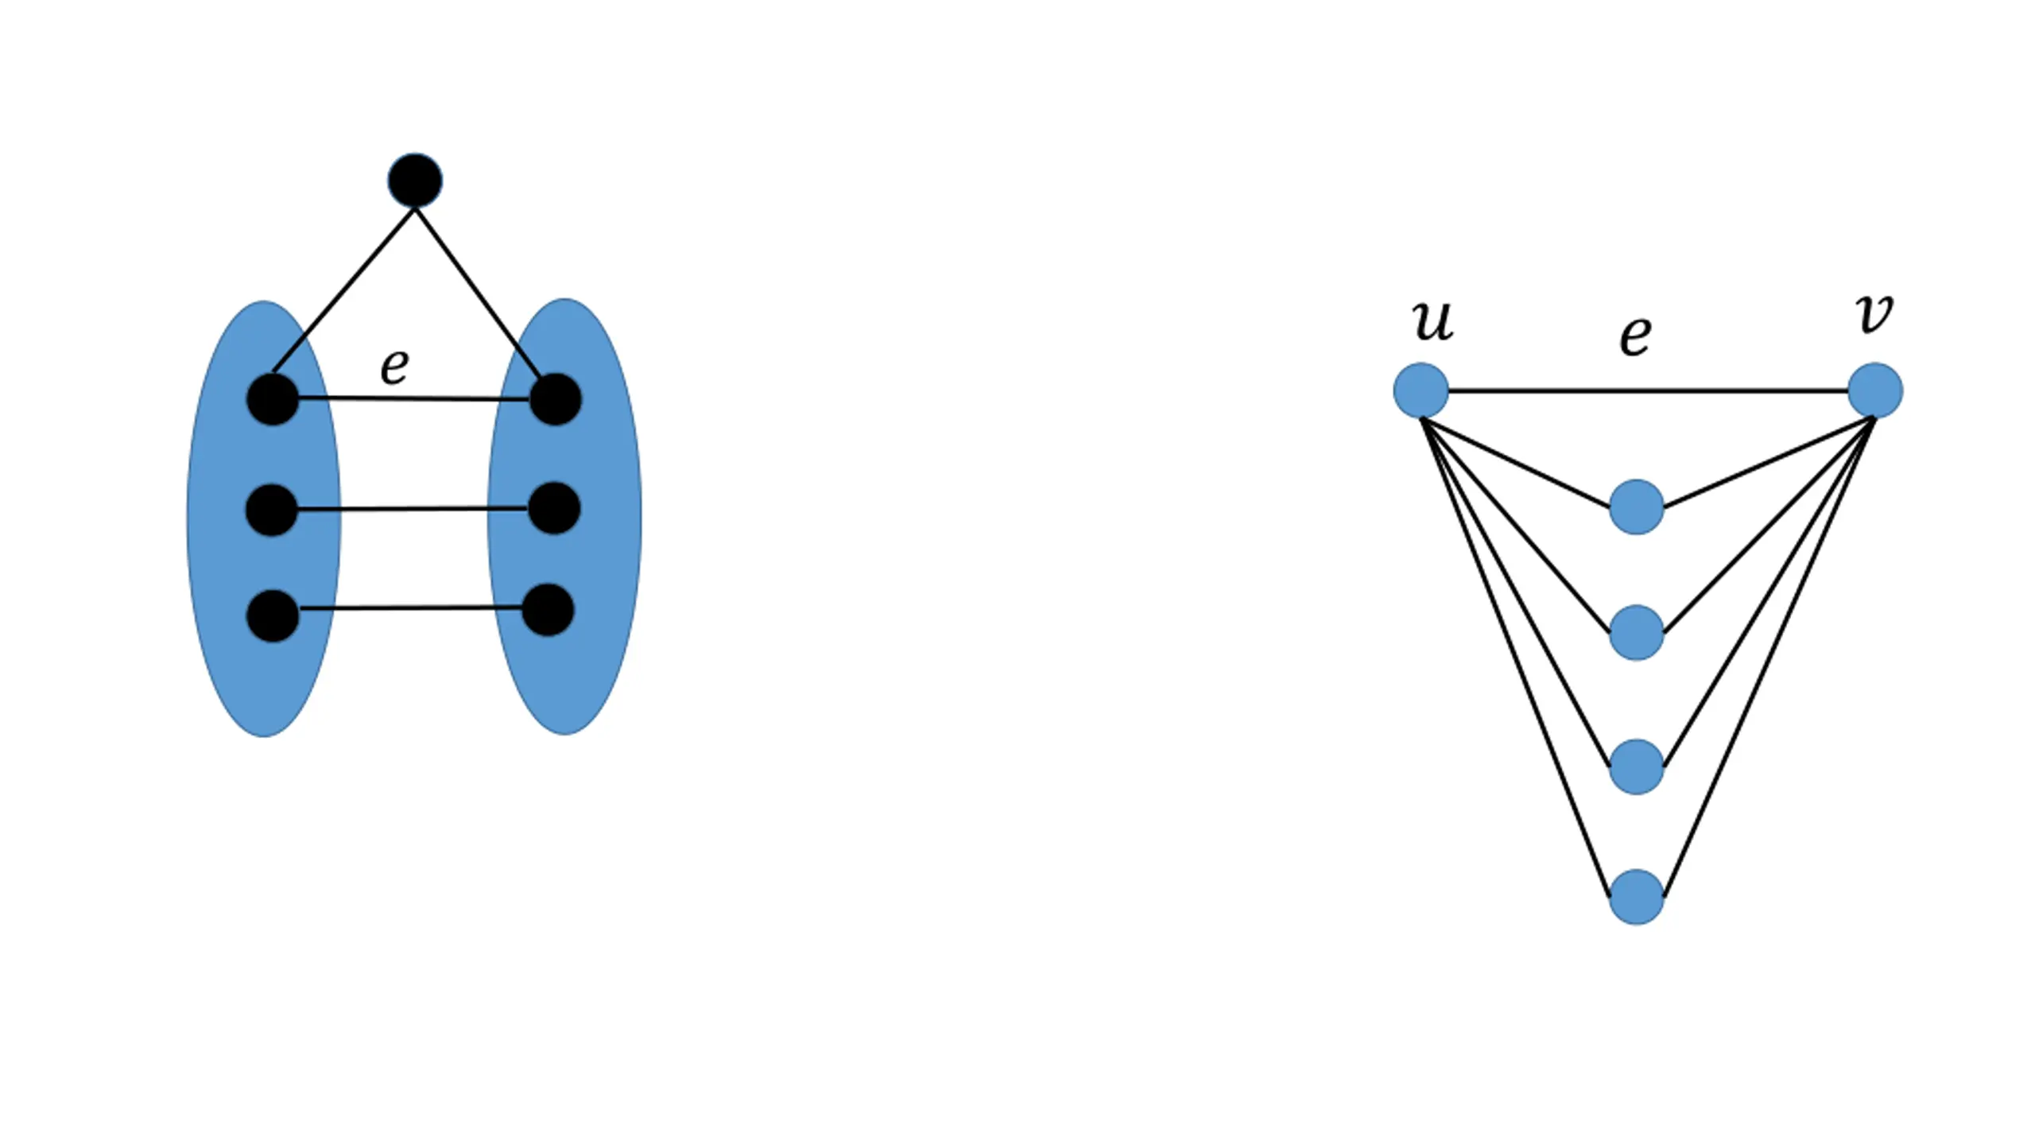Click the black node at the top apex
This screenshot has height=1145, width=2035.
[x=415, y=180]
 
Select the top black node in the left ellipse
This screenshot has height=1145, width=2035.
[x=273, y=399]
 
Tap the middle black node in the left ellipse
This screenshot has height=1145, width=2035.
[x=272, y=510]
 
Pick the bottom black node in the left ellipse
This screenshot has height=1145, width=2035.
[x=273, y=615]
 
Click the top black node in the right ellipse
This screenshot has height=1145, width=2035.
[x=555, y=399]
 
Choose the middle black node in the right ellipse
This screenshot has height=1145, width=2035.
[x=553, y=507]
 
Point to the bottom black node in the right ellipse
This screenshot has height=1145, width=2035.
[x=548, y=610]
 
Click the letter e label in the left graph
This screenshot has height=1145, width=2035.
[x=394, y=367]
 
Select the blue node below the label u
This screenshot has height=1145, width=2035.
[x=1421, y=390]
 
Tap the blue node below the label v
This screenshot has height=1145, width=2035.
[x=1875, y=390]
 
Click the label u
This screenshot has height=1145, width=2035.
[x=1432, y=321]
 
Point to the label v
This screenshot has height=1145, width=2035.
[x=1874, y=313]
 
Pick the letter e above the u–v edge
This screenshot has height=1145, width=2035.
[x=1635, y=336]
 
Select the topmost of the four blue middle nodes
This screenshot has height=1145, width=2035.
[x=1637, y=507]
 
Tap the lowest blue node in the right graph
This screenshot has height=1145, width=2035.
[x=1637, y=897]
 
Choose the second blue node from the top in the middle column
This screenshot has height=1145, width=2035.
[x=1637, y=633]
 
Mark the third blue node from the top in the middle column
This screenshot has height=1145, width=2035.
[x=1637, y=767]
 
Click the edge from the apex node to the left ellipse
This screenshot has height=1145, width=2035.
[x=344, y=289]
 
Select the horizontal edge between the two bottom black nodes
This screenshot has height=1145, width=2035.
[x=411, y=608]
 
